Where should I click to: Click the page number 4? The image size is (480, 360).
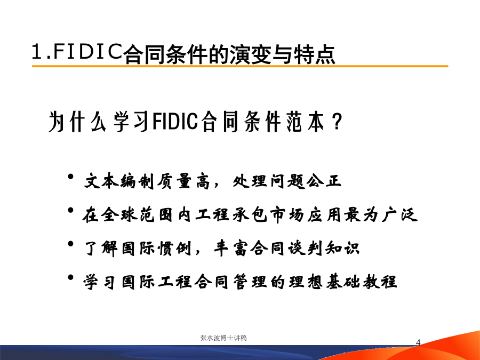pos(418,342)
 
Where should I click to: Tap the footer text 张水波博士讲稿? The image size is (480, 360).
pos(223,338)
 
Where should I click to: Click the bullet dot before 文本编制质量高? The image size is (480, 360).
pos(71,177)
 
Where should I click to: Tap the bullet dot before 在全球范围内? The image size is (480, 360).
pos(71,210)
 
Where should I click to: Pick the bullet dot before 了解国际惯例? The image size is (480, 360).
pos(71,244)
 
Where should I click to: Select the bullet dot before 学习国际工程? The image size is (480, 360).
pos(71,277)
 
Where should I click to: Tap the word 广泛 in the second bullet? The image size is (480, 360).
pos(399,214)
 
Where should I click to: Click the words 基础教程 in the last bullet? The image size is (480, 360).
pos(361,282)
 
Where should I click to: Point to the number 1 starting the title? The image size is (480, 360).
pos(36,51)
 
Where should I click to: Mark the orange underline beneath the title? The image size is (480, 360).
pos(240,66)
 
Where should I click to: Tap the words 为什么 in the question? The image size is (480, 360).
pos(77,121)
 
